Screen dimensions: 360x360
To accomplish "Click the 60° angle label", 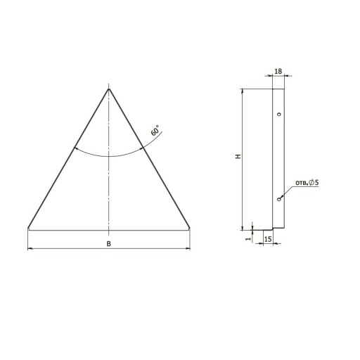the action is tap(155, 130).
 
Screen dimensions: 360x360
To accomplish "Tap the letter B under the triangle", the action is tap(109, 244).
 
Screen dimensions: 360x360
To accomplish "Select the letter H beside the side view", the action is tap(238, 156).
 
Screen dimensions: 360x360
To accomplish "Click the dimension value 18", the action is tap(278, 71).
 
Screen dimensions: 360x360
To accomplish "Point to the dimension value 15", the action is tap(268, 239).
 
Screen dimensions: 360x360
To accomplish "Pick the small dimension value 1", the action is tap(248, 239).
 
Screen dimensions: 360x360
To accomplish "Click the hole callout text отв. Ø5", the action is tap(307, 183).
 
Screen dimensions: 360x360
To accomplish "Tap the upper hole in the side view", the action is tap(279, 115).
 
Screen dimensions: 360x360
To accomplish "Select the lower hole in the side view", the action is tap(278, 199).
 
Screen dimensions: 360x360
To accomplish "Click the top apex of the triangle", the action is tap(109, 89).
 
